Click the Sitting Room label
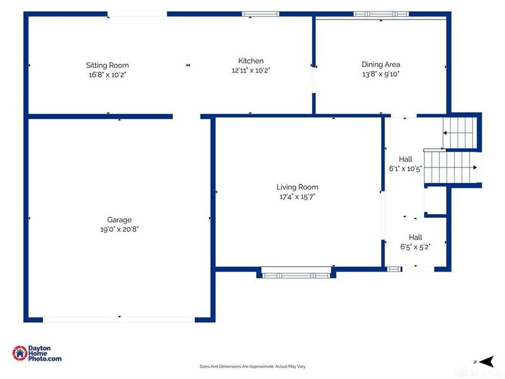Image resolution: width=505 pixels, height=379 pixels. click(107, 65)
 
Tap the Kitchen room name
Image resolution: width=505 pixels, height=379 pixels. click(251, 61)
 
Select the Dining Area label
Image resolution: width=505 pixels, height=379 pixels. click(381, 64)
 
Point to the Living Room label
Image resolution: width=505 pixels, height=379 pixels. click(297, 187)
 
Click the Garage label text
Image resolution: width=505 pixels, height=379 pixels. click(119, 220)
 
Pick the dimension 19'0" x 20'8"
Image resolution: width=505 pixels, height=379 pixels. click(119, 229)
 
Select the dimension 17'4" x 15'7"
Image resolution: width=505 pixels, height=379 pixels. click(297, 196)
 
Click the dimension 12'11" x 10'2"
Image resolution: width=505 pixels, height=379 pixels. click(251, 70)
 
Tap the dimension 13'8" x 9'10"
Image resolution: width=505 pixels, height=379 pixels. click(381, 74)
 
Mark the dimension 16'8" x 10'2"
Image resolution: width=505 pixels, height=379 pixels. click(107, 75)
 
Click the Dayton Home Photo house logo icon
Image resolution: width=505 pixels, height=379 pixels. click(20, 353)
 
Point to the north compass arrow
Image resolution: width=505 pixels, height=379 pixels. click(487, 361)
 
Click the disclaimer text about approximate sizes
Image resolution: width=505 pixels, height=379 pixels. click(252, 366)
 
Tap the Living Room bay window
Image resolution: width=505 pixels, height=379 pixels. click(296, 273)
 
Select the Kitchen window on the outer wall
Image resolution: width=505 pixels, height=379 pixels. click(260, 14)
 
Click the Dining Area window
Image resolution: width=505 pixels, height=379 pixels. click(381, 14)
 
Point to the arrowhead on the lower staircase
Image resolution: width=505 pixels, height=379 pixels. click(475, 167)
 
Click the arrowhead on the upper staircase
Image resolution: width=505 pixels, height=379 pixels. click(445, 133)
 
